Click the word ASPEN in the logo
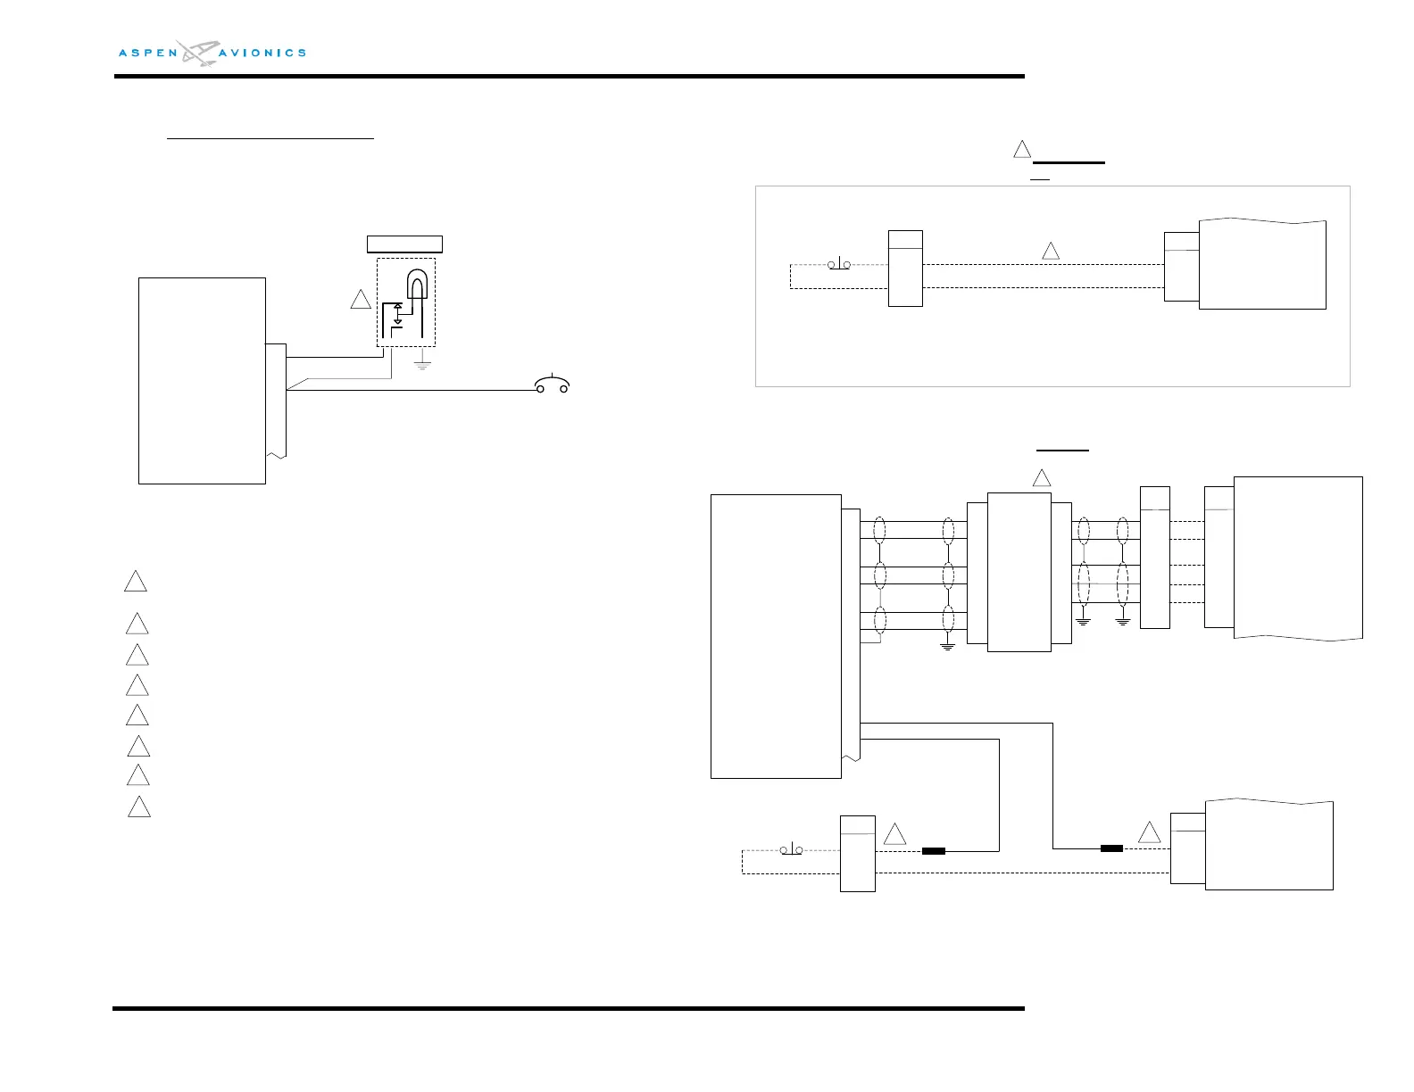point(148,54)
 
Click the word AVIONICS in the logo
point(262,54)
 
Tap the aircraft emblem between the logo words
point(197,53)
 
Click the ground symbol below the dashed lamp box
point(422,364)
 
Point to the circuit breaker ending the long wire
point(552,385)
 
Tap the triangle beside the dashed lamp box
point(361,300)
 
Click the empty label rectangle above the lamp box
point(404,244)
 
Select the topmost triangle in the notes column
point(135,582)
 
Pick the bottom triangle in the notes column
point(138,807)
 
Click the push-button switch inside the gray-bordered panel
point(839,264)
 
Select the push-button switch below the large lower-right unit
point(791,849)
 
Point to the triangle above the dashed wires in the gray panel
point(1051,252)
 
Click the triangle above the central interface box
point(1042,478)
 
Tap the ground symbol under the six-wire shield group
point(948,644)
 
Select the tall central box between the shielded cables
point(1019,572)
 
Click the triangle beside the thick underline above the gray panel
point(1022,150)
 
